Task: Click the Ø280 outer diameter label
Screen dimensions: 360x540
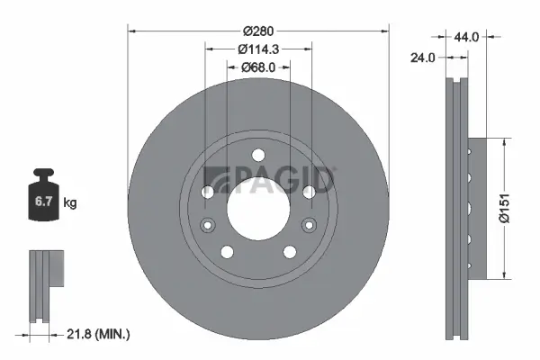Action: pos(259,17)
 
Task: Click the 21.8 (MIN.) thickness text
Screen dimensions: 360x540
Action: pos(100,334)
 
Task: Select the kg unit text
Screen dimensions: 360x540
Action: pos(71,204)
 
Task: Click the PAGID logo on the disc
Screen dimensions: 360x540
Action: pos(269,179)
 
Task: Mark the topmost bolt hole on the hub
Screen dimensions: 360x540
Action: pos(258,154)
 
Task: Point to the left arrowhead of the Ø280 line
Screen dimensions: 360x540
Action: pos(132,31)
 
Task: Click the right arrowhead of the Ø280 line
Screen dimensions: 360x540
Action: pos(385,31)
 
